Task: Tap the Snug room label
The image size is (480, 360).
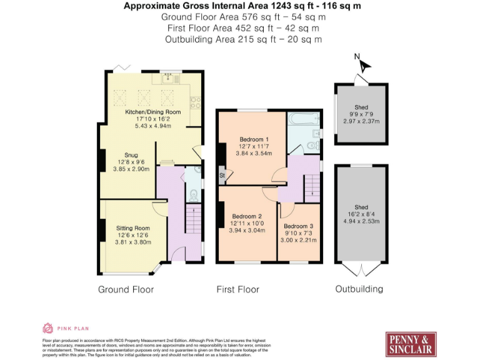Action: click(x=131, y=155)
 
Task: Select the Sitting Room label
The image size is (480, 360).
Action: click(x=133, y=228)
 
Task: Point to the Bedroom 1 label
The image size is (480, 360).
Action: click(x=254, y=139)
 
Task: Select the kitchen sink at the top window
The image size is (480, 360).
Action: click(x=167, y=78)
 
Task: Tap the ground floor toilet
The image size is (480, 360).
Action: click(x=194, y=196)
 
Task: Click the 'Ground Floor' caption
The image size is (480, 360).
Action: click(x=126, y=289)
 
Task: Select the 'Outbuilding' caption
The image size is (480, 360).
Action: click(x=359, y=289)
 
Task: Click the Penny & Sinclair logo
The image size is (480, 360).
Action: click(x=411, y=343)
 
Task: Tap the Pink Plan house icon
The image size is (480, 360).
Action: click(x=47, y=327)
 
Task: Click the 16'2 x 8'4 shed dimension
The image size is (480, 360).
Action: click(x=361, y=214)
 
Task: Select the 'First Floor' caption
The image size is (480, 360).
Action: click(x=237, y=289)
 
